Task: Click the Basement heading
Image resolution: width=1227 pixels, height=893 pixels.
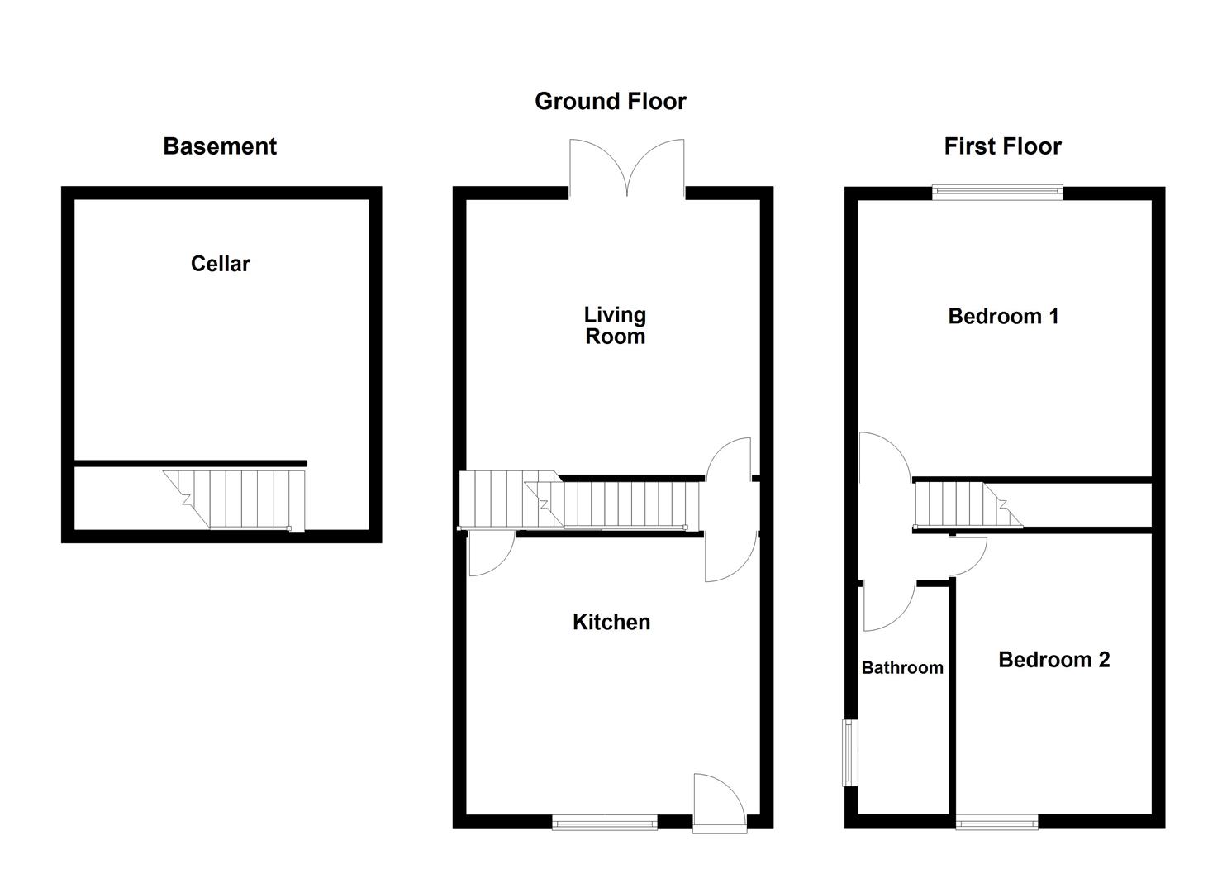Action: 220,146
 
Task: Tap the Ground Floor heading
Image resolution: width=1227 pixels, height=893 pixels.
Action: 610,101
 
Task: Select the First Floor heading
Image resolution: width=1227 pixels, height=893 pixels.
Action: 1002,146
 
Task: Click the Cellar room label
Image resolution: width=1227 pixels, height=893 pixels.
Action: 220,264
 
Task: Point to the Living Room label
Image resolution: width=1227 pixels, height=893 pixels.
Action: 615,325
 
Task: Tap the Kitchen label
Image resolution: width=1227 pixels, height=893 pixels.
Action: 611,622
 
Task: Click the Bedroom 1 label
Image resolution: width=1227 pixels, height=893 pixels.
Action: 1003,316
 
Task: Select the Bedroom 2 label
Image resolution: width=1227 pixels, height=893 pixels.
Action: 1053,659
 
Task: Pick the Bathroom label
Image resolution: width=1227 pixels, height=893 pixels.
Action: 902,667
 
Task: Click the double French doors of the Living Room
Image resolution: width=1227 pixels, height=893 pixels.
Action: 627,170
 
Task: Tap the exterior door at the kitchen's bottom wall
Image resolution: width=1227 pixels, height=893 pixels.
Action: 717,800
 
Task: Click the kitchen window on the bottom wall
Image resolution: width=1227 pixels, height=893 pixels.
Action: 605,821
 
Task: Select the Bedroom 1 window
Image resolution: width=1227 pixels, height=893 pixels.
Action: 997,193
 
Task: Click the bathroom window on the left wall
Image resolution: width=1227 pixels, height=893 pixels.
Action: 849,752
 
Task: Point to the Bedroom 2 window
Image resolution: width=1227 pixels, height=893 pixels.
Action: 997,821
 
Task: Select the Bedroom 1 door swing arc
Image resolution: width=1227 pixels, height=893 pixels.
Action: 885,460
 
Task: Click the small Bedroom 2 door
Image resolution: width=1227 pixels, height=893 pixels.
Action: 968,556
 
